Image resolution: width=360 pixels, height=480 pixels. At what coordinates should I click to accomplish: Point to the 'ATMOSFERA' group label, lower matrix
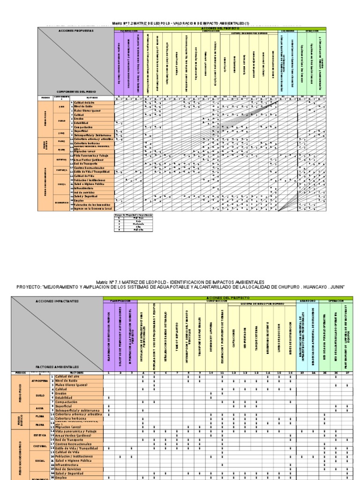[x=39, y=381]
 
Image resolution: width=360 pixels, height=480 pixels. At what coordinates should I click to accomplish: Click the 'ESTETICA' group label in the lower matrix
[x=39, y=435]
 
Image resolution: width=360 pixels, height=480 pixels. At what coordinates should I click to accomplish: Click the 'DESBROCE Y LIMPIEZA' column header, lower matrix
[x=211, y=334]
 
